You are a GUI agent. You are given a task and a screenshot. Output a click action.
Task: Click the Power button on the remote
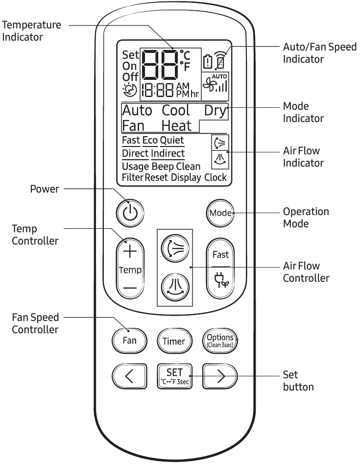(x=130, y=212)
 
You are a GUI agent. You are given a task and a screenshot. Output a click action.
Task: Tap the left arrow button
(x=130, y=376)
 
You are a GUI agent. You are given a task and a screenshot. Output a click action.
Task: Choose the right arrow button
(x=220, y=376)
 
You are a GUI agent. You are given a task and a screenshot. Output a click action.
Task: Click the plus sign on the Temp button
(x=130, y=252)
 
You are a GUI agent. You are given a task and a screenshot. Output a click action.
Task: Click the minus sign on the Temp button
(x=130, y=289)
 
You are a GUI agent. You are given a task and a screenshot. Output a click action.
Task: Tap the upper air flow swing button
(x=174, y=248)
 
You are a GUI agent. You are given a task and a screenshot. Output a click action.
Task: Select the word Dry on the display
(x=216, y=110)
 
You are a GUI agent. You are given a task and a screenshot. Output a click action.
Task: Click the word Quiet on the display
(x=172, y=141)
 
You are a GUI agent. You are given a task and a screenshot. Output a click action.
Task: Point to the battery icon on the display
(x=207, y=62)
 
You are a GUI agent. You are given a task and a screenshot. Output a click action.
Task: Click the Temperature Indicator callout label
(x=32, y=31)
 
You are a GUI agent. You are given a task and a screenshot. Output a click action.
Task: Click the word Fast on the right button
(x=220, y=255)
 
